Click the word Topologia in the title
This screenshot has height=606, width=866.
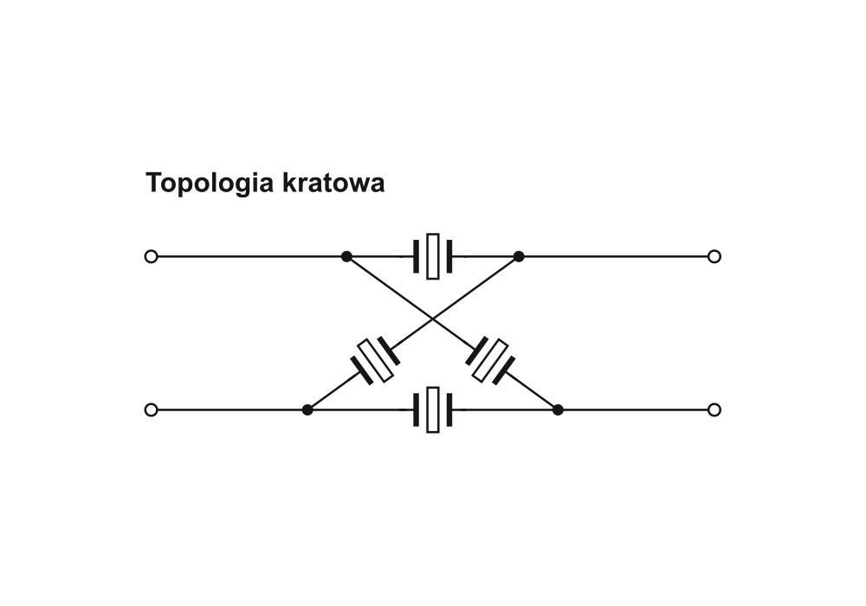tap(210, 184)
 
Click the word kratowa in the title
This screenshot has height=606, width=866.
tap(333, 183)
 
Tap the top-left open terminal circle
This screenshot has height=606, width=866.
tap(151, 256)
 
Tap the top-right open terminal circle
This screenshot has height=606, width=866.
tap(714, 256)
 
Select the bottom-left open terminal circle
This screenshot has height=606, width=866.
tap(151, 410)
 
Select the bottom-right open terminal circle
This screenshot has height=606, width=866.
tap(714, 410)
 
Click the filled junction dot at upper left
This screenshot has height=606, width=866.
tap(346, 256)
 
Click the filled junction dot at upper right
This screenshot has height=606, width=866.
tap(519, 256)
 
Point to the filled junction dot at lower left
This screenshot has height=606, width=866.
tap(307, 410)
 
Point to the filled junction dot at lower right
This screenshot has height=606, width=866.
tap(558, 410)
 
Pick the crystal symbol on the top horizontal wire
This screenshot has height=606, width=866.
tap(433, 256)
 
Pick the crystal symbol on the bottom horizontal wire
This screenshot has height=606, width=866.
tap(433, 410)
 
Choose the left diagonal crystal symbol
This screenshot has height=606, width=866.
tap(375, 360)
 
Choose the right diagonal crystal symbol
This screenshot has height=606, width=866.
tap(490, 360)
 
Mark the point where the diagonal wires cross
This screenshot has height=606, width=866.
tap(433, 319)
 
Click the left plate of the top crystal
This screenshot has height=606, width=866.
tap(416, 256)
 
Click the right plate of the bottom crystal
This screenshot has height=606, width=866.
tap(449, 410)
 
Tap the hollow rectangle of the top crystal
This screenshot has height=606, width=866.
tap(433, 256)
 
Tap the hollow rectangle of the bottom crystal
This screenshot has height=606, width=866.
tap(433, 410)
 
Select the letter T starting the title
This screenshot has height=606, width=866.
tap(153, 183)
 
